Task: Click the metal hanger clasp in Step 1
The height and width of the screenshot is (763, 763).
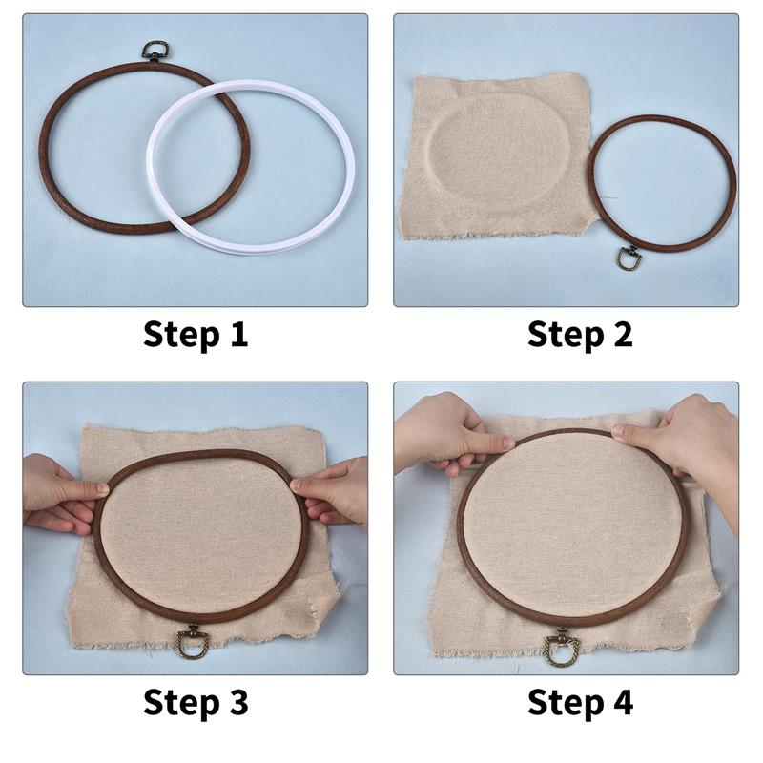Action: pyautogui.click(x=153, y=51)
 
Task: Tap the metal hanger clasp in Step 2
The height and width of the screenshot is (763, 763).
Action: pyautogui.click(x=629, y=258)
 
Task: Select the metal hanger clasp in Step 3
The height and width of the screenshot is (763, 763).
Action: pyautogui.click(x=191, y=641)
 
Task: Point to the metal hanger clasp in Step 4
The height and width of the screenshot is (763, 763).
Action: pyautogui.click(x=560, y=648)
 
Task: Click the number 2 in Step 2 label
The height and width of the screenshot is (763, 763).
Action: pyautogui.click(x=621, y=335)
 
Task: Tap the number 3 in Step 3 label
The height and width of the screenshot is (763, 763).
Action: pyautogui.click(x=237, y=703)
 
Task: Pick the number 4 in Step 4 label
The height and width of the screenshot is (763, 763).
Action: pyautogui.click(x=621, y=703)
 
